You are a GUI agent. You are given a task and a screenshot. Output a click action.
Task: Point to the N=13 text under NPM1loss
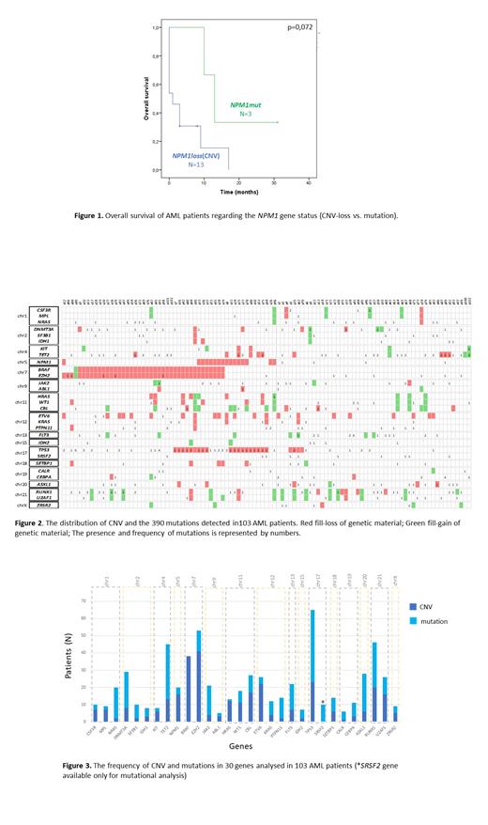point(196,164)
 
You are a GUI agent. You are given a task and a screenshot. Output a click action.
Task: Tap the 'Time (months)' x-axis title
point(239,191)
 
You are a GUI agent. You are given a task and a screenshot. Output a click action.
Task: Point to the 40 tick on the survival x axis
point(310,179)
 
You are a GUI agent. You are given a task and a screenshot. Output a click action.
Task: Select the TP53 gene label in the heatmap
point(43,450)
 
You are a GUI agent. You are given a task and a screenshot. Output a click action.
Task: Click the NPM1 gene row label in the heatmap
point(43,361)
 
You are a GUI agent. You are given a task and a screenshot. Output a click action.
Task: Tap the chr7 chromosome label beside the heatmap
point(21,373)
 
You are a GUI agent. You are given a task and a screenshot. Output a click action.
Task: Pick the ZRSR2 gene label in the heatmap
point(43,505)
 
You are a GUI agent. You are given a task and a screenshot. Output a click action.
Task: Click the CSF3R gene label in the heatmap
point(43,309)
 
